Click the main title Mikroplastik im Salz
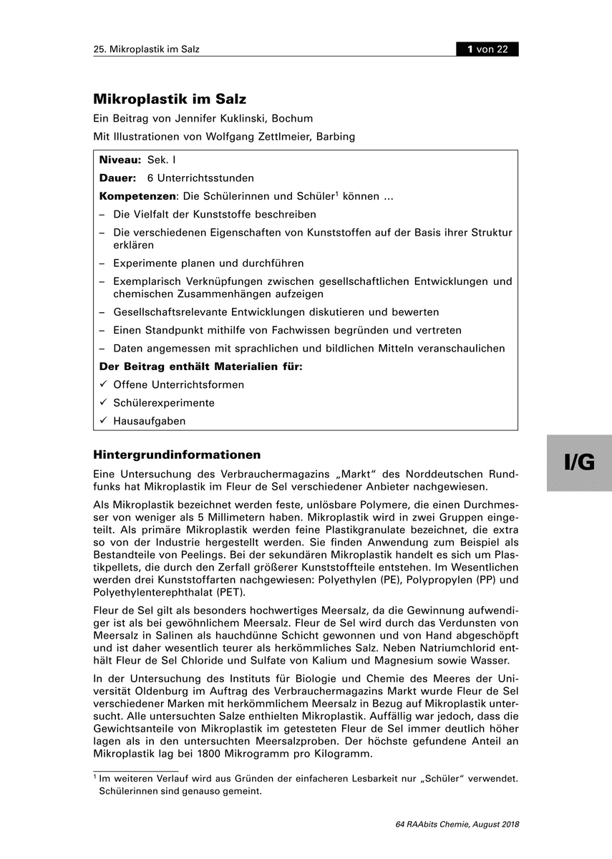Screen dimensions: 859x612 pos(170,100)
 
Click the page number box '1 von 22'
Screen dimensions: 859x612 pos(487,49)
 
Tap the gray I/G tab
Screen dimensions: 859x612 pos(579,463)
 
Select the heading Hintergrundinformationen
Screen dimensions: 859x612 pos(177,455)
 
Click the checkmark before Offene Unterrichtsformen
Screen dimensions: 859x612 pos(103,384)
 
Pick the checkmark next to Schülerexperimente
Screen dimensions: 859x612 pos(103,402)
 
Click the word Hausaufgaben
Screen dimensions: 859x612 pos(150,421)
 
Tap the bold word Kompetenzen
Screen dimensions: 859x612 pos(137,196)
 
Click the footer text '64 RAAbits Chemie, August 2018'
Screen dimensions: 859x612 pos(457,825)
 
